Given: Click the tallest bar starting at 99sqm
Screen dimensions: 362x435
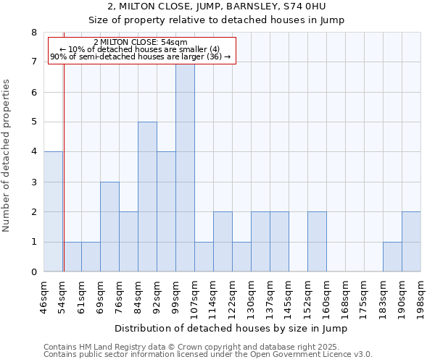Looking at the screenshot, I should [185, 168].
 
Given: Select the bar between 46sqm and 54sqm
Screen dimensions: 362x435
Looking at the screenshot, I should [53, 211].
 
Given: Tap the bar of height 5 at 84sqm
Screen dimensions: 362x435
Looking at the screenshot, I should [147, 196].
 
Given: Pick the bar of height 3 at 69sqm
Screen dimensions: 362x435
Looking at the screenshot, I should [109, 227].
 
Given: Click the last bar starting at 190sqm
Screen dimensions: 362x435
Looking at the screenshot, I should [411, 242].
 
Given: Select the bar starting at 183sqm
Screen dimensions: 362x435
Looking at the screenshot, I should [392, 257].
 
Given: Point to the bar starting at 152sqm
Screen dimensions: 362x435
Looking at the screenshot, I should [317, 242].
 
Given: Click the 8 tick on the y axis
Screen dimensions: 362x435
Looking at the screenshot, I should [33, 33].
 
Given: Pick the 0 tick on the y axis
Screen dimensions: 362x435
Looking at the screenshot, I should [33, 272].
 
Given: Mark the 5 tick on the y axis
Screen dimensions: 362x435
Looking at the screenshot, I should [33, 122].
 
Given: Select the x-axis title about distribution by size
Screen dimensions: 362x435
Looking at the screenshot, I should [231, 329].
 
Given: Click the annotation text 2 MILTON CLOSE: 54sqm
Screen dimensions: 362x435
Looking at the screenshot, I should [141, 42].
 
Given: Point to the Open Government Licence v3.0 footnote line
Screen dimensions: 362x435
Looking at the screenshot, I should [208, 355].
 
